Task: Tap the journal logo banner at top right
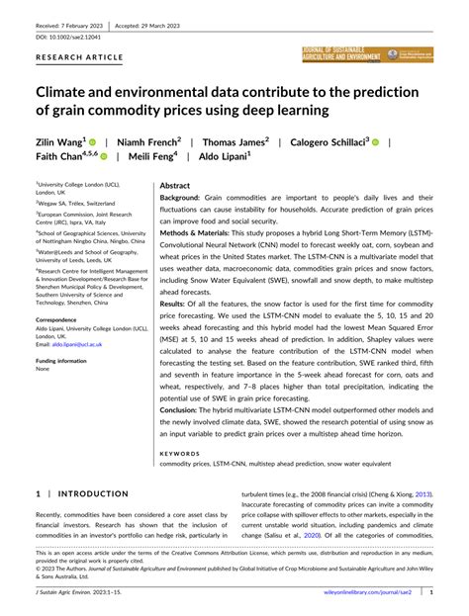point(368,54)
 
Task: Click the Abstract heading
point(175,185)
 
